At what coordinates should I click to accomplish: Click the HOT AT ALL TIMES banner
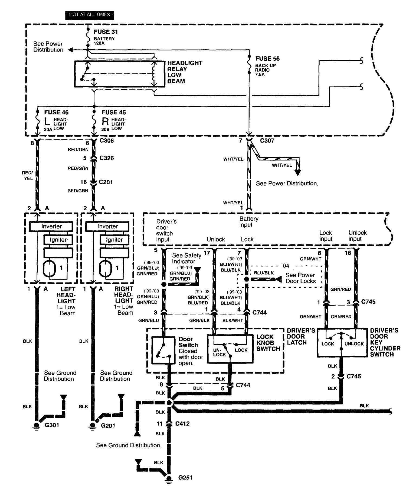click(89, 15)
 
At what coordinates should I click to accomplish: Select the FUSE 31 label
click(106, 32)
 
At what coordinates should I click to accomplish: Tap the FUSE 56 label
click(267, 59)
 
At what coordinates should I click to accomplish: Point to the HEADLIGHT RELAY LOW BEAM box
click(119, 74)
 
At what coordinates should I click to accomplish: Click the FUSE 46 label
click(56, 112)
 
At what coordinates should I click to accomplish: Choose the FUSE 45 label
click(114, 112)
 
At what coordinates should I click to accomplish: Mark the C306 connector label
click(107, 141)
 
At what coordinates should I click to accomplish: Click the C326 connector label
click(107, 158)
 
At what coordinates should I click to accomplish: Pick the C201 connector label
click(106, 182)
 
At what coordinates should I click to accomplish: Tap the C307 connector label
click(267, 141)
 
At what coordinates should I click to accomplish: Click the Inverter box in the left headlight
click(51, 226)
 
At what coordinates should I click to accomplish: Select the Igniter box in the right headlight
click(114, 240)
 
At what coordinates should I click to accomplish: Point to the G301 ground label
click(52, 425)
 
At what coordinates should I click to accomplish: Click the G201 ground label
click(108, 426)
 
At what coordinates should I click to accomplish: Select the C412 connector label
click(182, 424)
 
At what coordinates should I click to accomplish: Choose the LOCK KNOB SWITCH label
click(268, 343)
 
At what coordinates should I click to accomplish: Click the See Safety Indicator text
click(186, 258)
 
